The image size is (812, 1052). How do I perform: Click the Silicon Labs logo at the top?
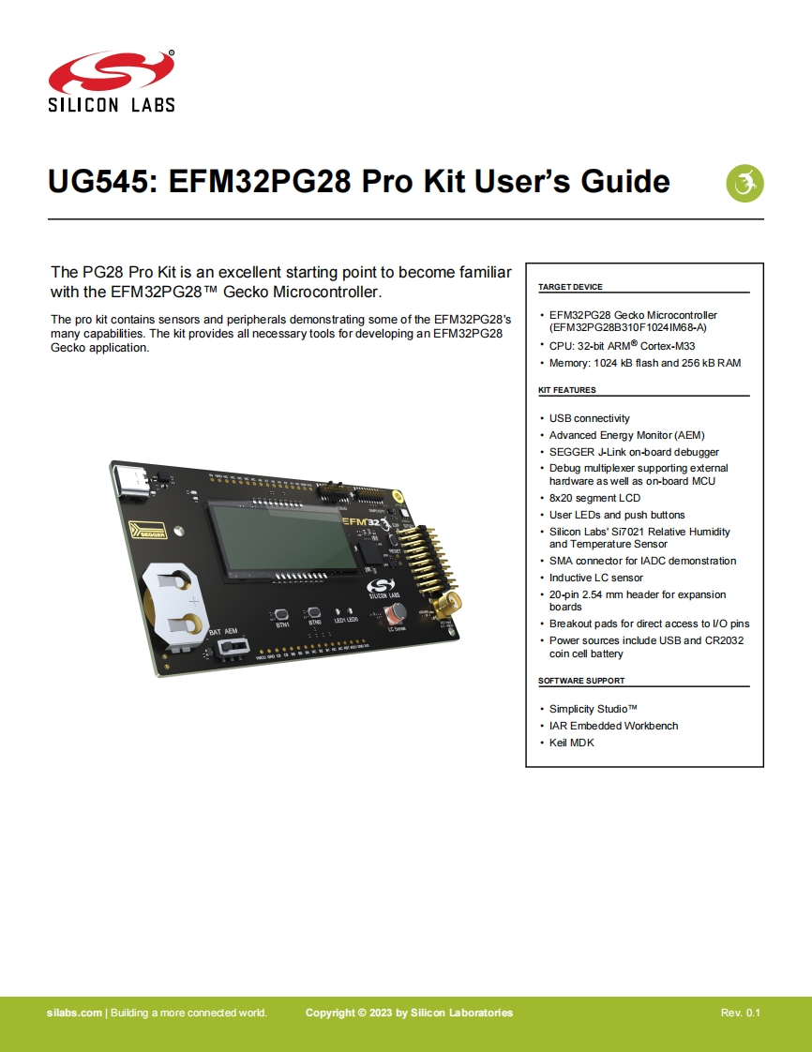coord(112,82)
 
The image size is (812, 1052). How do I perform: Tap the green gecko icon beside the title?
coord(745,182)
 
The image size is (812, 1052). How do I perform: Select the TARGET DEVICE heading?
coord(570,287)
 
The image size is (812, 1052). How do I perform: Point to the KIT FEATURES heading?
coord(566,390)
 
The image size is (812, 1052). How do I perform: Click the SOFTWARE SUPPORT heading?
coord(580,681)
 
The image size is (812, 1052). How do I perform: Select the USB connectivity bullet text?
coord(589,418)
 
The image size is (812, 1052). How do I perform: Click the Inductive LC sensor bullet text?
coord(595,578)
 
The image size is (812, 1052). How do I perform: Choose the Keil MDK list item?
coord(571,743)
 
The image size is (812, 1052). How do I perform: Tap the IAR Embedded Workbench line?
coord(613,726)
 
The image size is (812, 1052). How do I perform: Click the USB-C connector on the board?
coord(135,482)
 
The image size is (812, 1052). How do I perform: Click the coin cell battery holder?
coord(172,602)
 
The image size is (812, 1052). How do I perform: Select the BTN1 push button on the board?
coord(281,616)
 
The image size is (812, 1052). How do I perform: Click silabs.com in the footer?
coord(74,1013)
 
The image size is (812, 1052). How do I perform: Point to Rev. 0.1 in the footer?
coord(740,1013)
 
